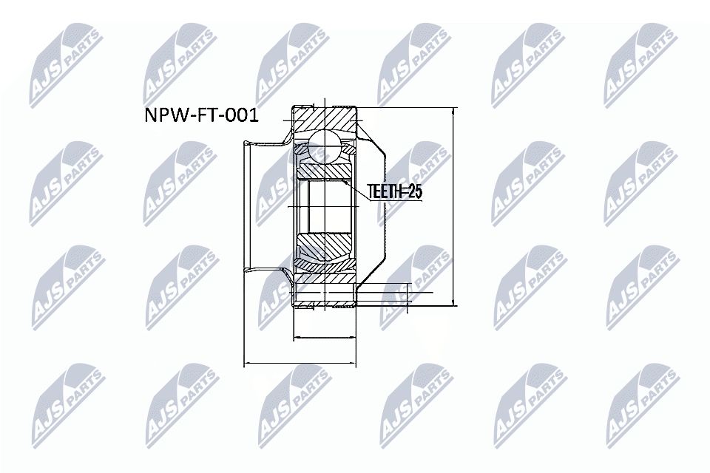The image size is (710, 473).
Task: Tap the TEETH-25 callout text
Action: (394, 192)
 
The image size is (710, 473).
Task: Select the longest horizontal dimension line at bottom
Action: (300, 363)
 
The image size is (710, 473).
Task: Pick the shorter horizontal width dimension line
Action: (325, 338)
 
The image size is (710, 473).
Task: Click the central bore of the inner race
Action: (325, 206)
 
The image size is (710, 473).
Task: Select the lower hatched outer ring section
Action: (325, 296)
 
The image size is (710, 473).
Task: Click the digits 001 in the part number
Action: (237, 117)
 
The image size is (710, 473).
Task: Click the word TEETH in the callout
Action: (385, 192)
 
